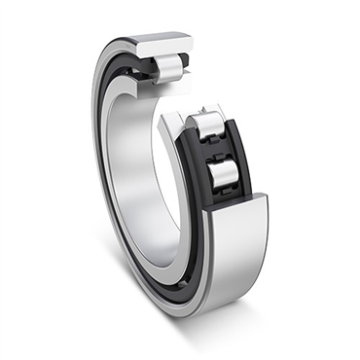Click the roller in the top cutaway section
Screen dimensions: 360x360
pos(168,67)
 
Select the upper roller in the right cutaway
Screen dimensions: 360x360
pos(210,126)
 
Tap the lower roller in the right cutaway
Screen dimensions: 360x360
pos(224,173)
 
